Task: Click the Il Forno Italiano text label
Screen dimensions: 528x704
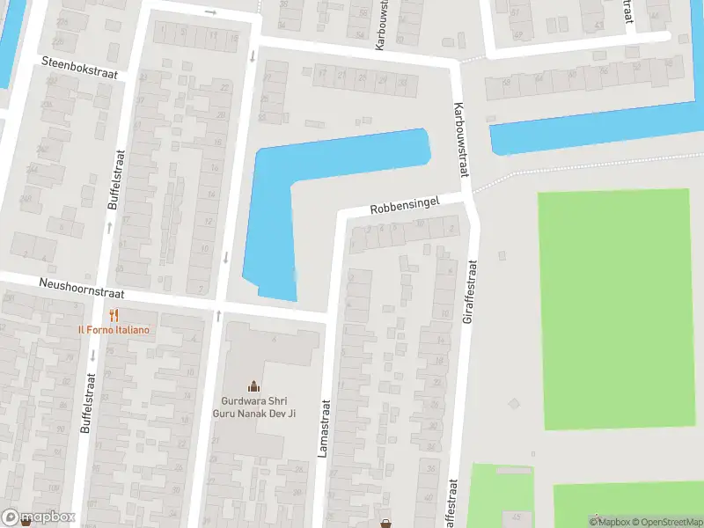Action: point(113,330)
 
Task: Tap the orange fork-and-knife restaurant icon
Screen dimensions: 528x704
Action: point(113,315)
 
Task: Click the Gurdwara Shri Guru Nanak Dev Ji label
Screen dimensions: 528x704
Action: point(254,405)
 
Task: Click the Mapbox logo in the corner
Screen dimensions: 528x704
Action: point(39,517)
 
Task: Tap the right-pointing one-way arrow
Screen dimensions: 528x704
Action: point(210,12)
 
